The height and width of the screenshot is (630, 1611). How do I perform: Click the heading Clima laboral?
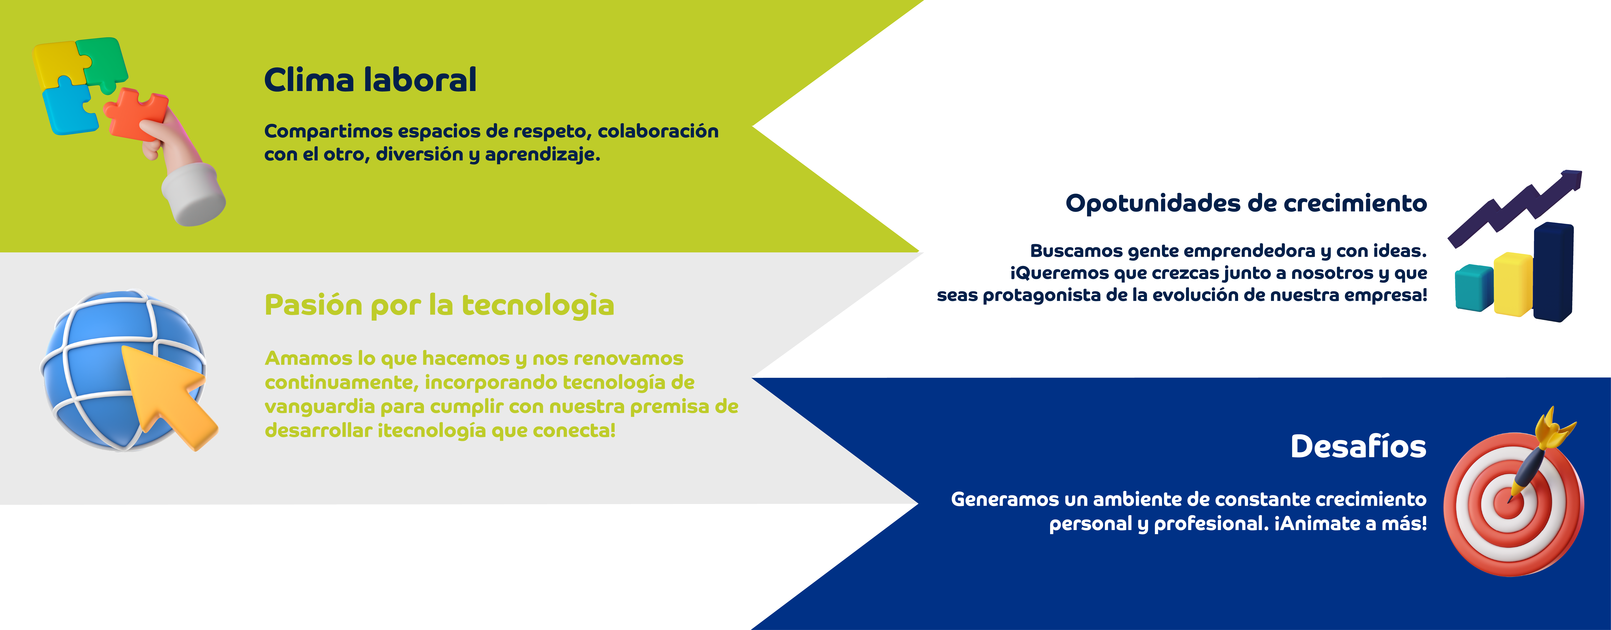coord(370,80)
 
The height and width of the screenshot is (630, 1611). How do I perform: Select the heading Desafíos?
coord(1358,447)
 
